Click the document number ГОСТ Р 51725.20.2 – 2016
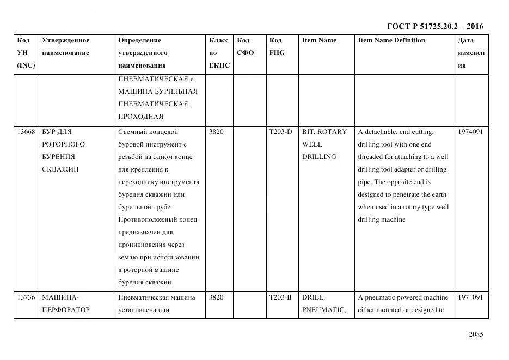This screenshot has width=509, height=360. tap(434, 26)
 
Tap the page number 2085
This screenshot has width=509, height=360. tap(475, 334)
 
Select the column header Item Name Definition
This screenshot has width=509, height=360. tap(391, 40)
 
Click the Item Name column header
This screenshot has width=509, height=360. tap(319, 40)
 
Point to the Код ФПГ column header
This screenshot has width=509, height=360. tap(277, 47)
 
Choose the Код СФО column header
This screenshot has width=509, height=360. tap(246, 47)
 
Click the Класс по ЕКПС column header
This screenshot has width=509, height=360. tap(219, 53)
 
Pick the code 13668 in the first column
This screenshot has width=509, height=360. tap(26, 132)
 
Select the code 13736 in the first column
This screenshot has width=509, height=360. tap(26, 297)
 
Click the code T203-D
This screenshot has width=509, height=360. tap(280, 132)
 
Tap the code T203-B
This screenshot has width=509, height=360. tap(280, 297)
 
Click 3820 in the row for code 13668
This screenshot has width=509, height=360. tap(216, 132)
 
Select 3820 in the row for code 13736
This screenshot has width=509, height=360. tap(216, 297)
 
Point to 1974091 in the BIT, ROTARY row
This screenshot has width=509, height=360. tap(470, 132)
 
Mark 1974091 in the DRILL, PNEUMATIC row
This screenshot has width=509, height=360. tap(470, 297)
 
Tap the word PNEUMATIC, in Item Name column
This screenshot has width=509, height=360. tap(324, 310)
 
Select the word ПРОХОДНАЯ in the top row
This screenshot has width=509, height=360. tap(140, 117)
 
